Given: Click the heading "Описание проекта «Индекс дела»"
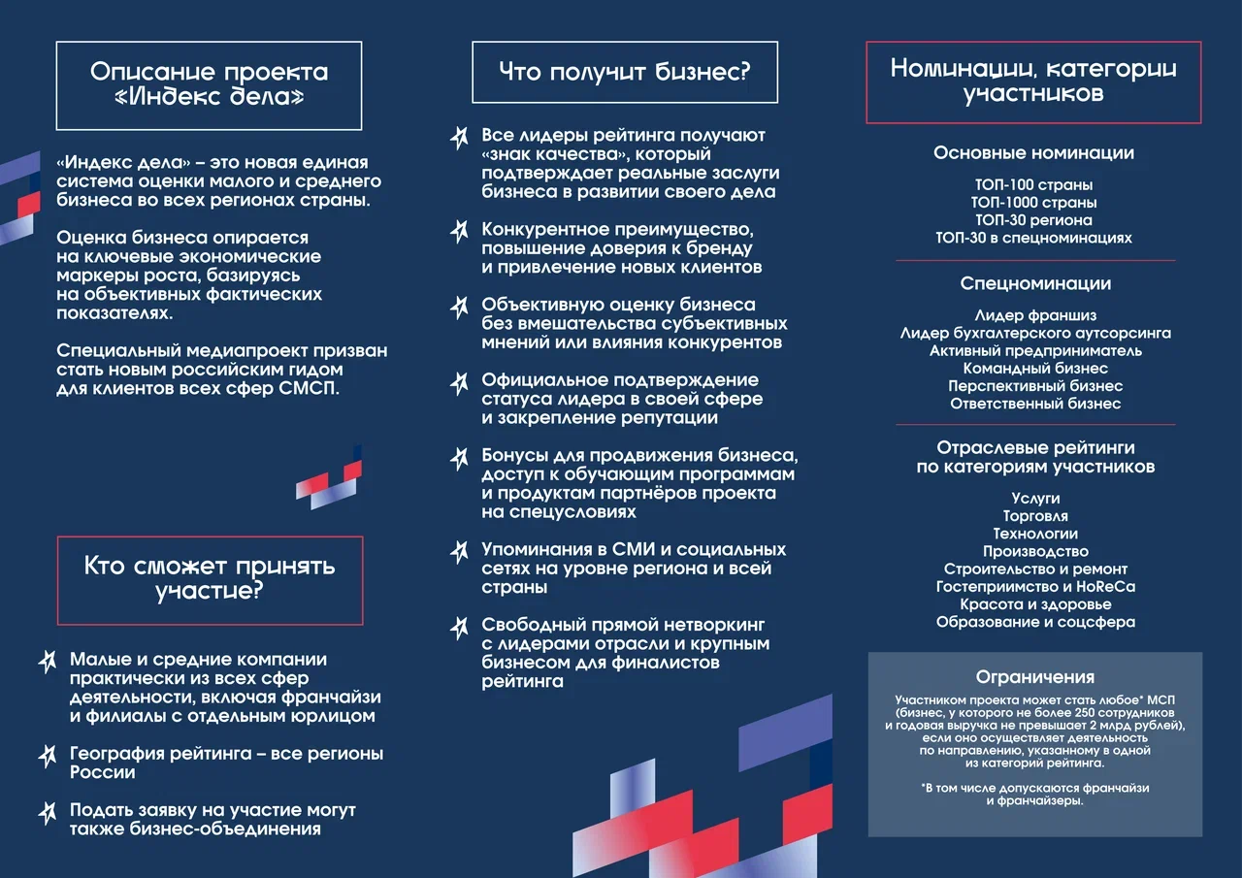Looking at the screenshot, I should tap(209, 84).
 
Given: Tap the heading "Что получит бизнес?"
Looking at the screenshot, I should tap(624, 71).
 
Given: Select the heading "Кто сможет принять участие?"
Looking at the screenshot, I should tap(210, 578).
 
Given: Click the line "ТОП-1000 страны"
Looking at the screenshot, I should tap(1033, 203).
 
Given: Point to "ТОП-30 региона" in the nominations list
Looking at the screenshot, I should tap(1033, 220).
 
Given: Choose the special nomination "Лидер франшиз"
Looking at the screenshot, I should tap(1035, 315).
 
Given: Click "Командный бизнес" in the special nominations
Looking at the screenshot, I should tap(1035, 369).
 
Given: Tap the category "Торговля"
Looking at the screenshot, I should tap(1035, 516).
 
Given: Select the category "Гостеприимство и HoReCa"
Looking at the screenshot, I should tap(1035, 587).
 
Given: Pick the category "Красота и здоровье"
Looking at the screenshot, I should tap(1035, 604).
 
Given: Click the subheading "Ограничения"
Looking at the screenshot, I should tap(1034, 677).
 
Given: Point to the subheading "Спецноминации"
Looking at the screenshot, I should tap(1035, 283).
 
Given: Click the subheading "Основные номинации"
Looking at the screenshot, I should tap(1033, 153).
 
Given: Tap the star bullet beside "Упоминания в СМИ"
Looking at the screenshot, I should tap(460, 552).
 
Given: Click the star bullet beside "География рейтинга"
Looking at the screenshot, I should tap(47, 755).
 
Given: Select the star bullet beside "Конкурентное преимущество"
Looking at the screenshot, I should tap(460, 232).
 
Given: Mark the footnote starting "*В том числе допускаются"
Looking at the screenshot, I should tap(1034, 795).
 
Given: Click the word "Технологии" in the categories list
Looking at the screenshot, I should tap(1035, 534).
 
